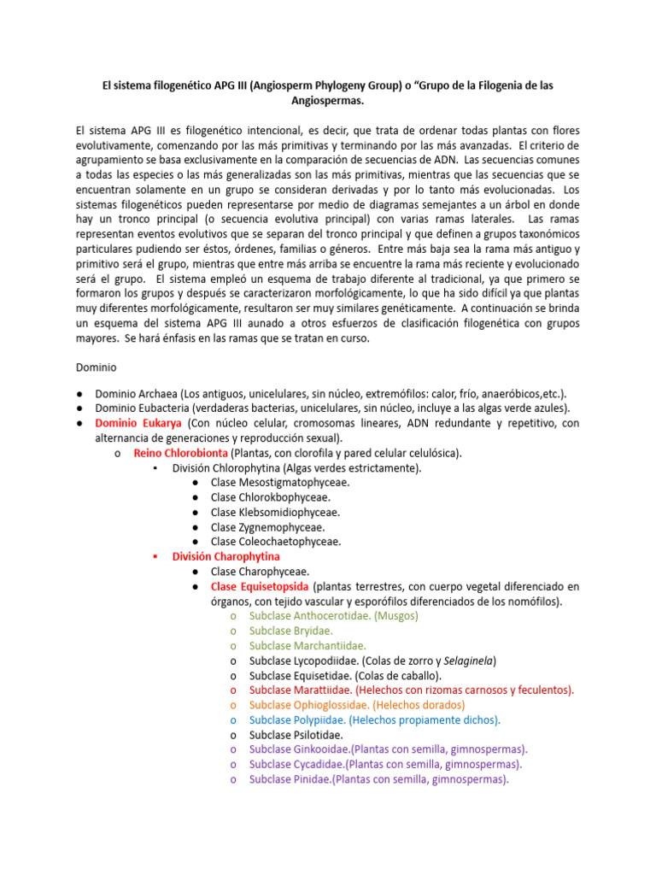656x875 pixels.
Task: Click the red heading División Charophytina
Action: [225, 556]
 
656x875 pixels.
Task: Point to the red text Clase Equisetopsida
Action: [261, 586]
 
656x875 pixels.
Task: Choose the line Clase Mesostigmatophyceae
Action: [279, 483]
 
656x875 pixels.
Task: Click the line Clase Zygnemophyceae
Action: [267, 527]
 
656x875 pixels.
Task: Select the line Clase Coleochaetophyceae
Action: [276, 542]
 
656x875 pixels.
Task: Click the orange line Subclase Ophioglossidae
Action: [356, 705]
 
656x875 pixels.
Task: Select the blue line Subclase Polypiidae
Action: [374, 719]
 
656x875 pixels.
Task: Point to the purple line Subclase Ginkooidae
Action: [388, 749]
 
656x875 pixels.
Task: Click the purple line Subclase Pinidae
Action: [378, 779]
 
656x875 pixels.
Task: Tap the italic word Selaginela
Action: [467, 661]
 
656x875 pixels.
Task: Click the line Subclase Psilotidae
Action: [296, 735]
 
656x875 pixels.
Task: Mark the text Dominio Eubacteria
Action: [142, 408]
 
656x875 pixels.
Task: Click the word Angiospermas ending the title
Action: [327, 101]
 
